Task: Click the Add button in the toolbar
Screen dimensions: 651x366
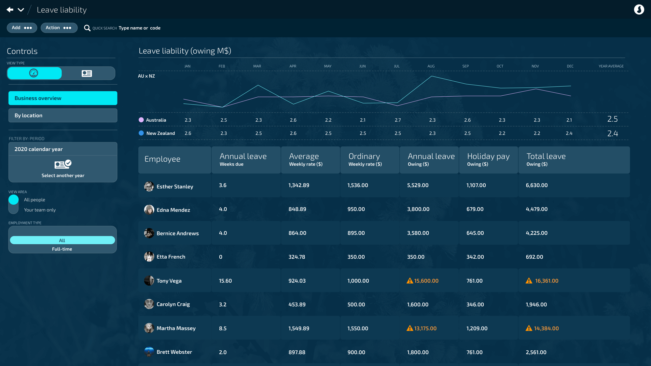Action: pyautogui.click(x=22, y=28)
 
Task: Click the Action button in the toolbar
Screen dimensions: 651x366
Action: pyautogui.click(x=59, y=28)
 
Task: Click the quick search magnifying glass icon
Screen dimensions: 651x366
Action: pyautogui.click(x=87, y=28)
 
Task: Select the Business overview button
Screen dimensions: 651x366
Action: pyautogui.click(x=63, y=98)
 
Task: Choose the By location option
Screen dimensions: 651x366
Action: pyautogui.click(x=63, y=115)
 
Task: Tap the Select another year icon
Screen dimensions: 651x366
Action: pyautogui.click(x=63, y=164)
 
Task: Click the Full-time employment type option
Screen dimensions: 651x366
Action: pyautogui.click(x=62, y=249)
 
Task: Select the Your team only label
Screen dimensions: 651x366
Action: pyautogui.click(x=40, y=210)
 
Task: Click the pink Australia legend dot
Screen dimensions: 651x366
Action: pyautogui.click(x=141, y=120)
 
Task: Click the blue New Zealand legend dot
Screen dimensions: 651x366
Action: pyautogui.click(x=141, y=133)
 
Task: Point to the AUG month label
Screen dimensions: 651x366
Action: pyautogui.click(x=431, y=66)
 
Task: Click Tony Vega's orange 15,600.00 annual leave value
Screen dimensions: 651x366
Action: pyautogui.click(x=426, y=281)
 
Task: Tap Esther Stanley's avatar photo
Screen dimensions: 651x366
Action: pyautogui.click(x=149, y=186)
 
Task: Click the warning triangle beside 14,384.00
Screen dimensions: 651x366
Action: pyautogui.click(x=529, y=328)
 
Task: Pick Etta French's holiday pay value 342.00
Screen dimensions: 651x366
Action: pyautogui.click(x=475, y=257)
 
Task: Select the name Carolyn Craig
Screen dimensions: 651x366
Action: pyautogui.click(x=173, y=304)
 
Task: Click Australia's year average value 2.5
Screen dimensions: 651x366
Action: pyautogui.click(x=613, y=119)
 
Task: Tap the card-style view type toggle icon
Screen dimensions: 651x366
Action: pyautogui.click(x=87, y=74)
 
